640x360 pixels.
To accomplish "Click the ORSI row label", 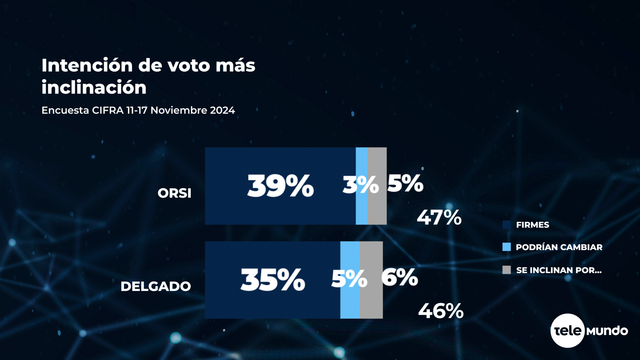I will pos(174,193).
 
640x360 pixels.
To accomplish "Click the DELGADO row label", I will pos(156,286).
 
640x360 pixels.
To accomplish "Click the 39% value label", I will pos(280,186).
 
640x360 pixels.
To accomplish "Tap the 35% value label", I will pos(273,280).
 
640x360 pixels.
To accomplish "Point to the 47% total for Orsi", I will pos(439,217).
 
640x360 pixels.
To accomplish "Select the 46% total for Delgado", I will pos(441,311).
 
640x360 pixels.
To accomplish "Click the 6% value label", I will pos(400,277).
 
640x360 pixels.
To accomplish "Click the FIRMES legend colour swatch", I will pos(506,225).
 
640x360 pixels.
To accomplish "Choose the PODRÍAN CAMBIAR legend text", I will pos(559,247).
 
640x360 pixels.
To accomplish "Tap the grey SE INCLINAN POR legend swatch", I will pos(506,270).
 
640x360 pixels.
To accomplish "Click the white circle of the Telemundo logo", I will pos(567,330).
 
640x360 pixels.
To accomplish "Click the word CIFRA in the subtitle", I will pos(108,110).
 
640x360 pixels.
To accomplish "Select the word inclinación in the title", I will pos(94,88).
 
